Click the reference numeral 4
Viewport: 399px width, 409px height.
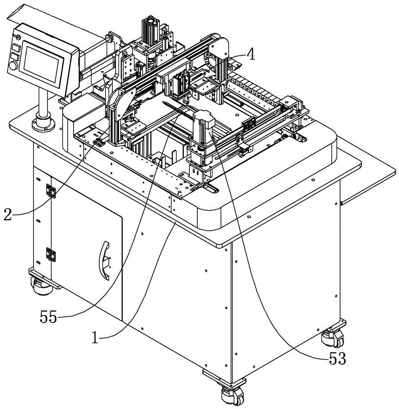click(x=252, y=54)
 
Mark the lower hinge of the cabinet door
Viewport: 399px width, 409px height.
click(x=51, y=254)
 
